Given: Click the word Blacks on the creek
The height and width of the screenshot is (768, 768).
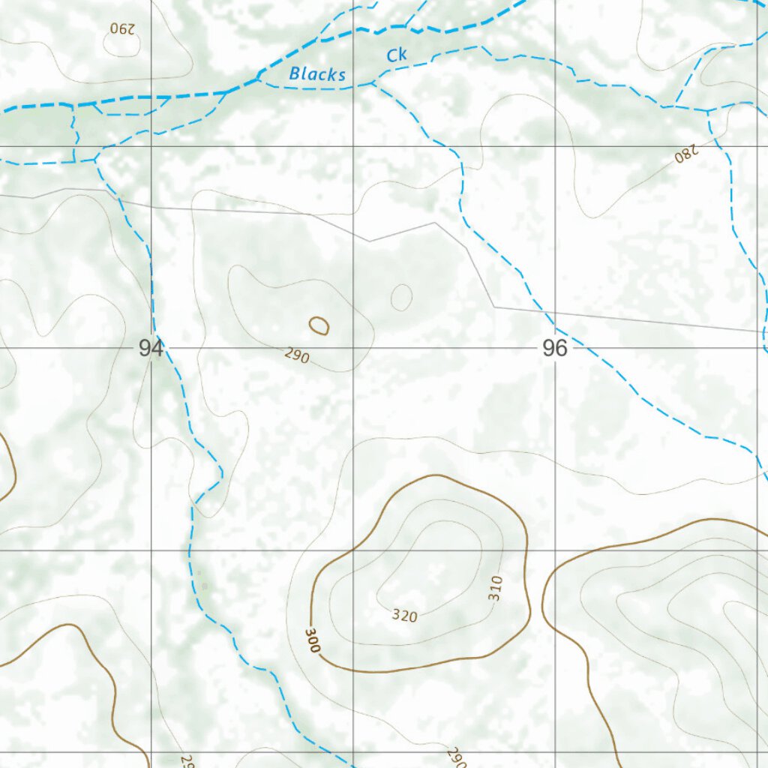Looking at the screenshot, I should click(317, 73).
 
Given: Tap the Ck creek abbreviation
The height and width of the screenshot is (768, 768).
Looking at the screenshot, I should click(397, 55).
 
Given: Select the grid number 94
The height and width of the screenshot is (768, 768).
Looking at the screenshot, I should click(151, 348).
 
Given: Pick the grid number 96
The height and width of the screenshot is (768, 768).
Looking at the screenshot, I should click(554, 348).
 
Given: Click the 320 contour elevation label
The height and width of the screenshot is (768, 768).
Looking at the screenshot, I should click(404, 616).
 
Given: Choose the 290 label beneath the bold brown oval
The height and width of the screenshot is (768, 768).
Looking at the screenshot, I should click(297, 355).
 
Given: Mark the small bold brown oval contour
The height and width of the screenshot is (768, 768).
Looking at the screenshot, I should click(319, 325).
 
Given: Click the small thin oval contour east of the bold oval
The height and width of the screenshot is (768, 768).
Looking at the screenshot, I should click(401, 297).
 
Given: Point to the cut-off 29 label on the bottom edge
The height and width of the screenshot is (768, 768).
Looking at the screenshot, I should click(185, 760).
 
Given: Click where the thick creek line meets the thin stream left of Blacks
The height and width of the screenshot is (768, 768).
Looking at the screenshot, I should click(259, 76).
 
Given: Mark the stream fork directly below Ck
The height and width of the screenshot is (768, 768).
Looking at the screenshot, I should click(373, 83).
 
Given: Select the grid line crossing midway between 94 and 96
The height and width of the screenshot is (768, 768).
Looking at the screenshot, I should click(353, 348).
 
